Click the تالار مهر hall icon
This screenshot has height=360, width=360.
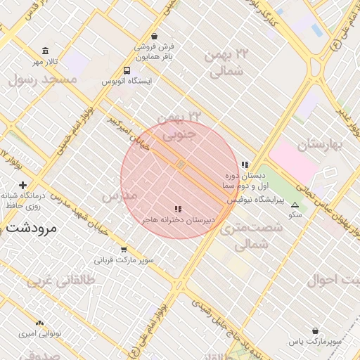pos(46,51)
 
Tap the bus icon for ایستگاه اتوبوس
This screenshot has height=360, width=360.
pos(127,70)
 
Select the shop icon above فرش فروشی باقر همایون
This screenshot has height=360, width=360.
pos(154,37)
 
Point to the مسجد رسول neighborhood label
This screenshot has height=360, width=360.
pos(41,79)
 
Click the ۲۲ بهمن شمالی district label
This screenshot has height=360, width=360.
pos(227,63)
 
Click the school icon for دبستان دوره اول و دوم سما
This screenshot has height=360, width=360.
pos(245,165)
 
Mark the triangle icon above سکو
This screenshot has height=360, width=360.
pos(295,205)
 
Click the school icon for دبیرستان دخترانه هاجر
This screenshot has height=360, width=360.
pos(178,209)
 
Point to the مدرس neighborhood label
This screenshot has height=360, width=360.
pos(120,195)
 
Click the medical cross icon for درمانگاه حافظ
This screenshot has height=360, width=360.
pos(22,185)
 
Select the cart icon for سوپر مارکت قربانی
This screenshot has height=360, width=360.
pos(124,249)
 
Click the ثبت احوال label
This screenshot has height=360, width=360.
pos(333,279)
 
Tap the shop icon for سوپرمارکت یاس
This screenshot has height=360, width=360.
pos(314,330)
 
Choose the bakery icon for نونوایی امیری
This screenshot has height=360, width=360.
pos(40,323)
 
